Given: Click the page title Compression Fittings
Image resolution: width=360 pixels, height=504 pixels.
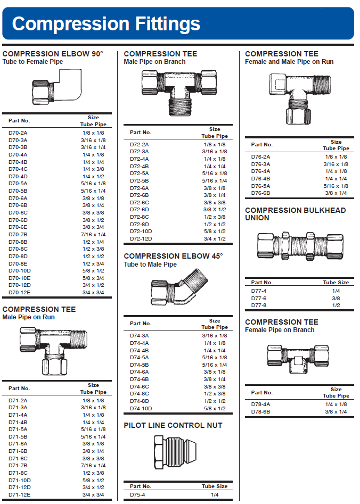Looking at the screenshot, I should (x=106, y=23).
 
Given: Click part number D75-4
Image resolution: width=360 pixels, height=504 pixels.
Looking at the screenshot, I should (x=137, y=494).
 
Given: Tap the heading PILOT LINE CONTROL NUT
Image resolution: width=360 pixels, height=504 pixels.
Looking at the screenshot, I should (x=173, y=425).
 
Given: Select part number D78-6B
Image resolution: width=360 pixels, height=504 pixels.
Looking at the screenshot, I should (x=260, y=411).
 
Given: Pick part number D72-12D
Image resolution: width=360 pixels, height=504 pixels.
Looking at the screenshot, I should (x=141, y=238).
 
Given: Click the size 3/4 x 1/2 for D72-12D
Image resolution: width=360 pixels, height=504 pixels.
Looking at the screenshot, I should (x=214, y=238).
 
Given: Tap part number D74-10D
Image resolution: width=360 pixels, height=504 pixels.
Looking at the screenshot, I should (x=141, y=408).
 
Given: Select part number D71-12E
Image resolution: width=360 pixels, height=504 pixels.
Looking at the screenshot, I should (x=20, y=494).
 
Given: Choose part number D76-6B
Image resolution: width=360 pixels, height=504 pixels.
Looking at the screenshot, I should (x=260, y=193).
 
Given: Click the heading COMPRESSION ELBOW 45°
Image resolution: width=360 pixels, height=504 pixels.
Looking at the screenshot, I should (x=173, y=256).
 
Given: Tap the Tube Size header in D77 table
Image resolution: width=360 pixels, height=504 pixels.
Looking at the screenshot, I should (x=336, y=282).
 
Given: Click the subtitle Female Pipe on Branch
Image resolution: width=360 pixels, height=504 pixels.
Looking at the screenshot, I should (x=280, y=330).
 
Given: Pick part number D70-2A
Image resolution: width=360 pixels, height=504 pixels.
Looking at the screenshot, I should (x=18, y=133).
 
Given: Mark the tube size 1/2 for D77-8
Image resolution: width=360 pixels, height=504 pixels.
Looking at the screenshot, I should (x=336, y=305).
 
